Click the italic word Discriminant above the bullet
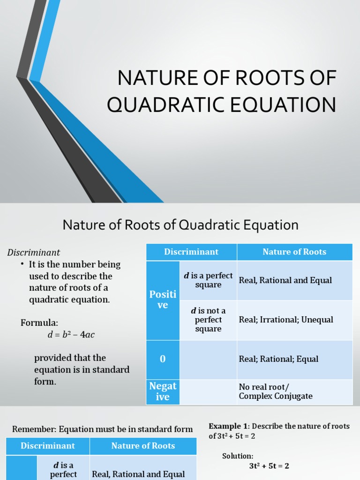tap(33, 253)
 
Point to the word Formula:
tap(39, 323)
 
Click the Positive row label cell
tap(163, 300)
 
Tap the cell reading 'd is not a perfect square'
tap(208, 320)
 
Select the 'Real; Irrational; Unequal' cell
tap(286, 320)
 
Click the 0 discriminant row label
tap(163, 359)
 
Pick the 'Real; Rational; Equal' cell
tap(278, 359)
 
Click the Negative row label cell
tap(163, 391)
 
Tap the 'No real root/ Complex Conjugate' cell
tap(276, 391)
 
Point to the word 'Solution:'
tap(238, 456)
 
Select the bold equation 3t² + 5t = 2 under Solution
tap(269, 466)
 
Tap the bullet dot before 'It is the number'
tap(22, 264)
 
